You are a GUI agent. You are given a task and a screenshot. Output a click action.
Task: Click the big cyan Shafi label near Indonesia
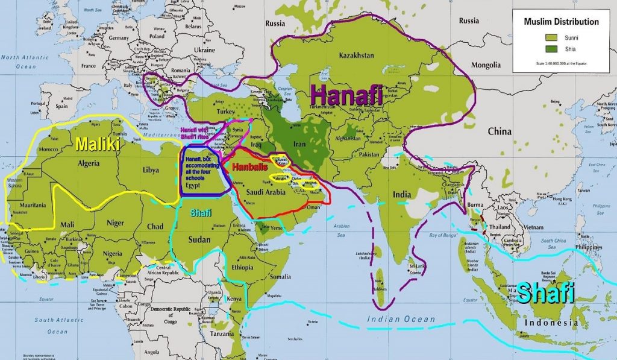[x=546, y=294]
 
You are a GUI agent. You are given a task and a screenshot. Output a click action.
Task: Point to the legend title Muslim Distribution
[x=562, y=22]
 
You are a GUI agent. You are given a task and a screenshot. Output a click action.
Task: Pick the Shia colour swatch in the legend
[x=540, y=49]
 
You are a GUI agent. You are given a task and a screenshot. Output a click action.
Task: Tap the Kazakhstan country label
[x=356, y=55]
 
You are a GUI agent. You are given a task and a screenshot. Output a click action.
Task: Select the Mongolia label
[x=486, y=65]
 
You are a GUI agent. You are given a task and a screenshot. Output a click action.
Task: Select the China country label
[x=500, y=131]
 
